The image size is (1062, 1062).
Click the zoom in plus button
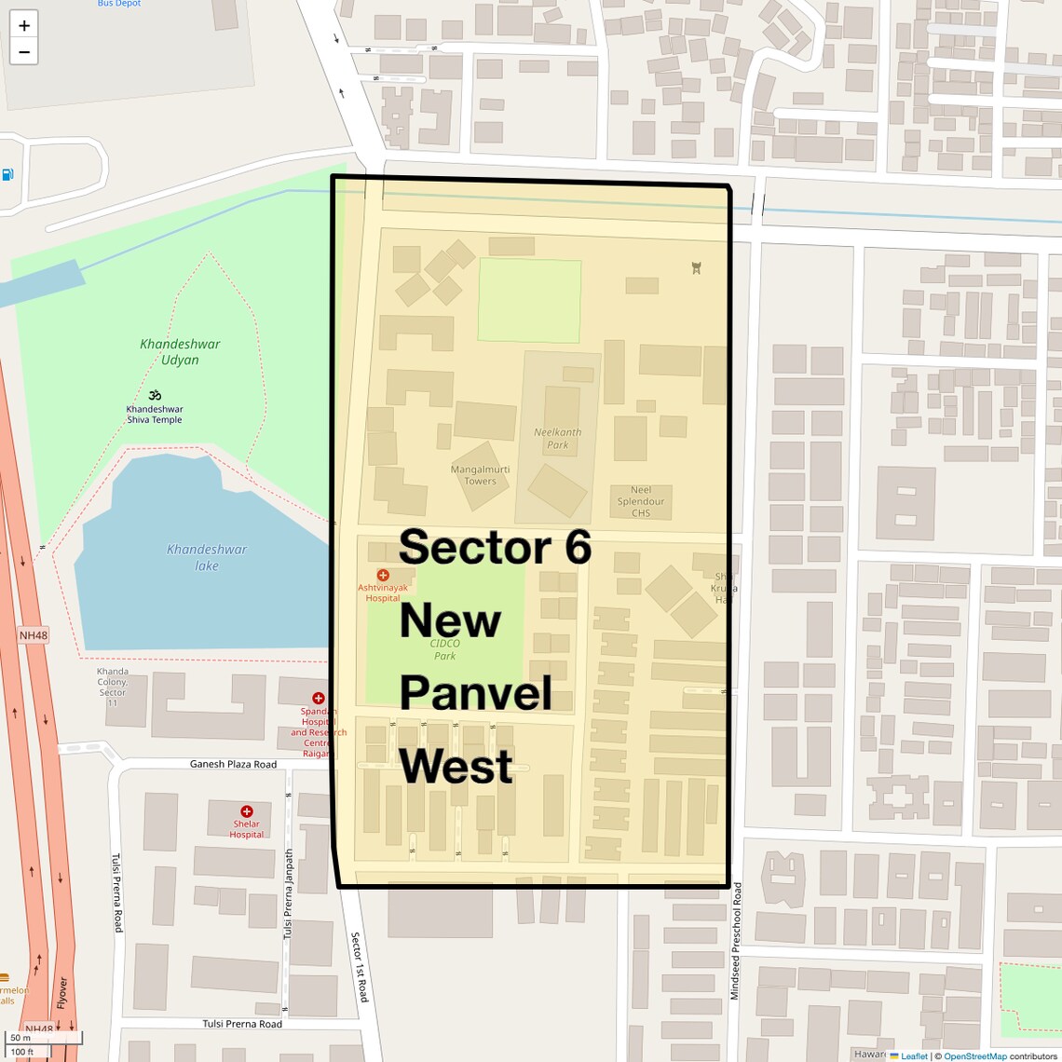pyautogui.click(x=24, y=25)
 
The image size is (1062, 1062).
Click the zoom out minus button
pyautogui.click(x=24, y=52)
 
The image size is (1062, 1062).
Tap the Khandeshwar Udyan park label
pyautogui.click(x=180, y=352)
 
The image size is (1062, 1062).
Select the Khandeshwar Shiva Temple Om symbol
pyautogui.click(x=155, y=395)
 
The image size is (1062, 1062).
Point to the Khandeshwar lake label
pyautogui.click(x=207, y=557)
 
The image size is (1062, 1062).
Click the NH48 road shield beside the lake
pyautogui.click(x=34, y=635)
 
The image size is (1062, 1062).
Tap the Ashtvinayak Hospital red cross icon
pyautogui.click(x=383, y=576)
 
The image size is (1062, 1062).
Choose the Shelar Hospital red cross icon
pyautogui.click(x=247, y=811)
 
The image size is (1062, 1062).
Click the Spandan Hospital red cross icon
pyautogui.click(x=319, y=698)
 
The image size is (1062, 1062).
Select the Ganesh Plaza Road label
pyautogui.click(x=233, y=764)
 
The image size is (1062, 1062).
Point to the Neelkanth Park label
pyautogui.click(x=557, y=438)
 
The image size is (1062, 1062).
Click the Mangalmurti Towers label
pyautogui.click(x=480, y=475)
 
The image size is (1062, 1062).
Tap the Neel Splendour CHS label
pyautogui.click(x=641, y=501)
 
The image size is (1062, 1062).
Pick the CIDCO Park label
pyautogui.click(x=445, y=649)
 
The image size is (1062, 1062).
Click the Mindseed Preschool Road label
pyautogui.click(x=736, y=941)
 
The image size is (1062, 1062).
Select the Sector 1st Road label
pyautogui.click(x=359, y=967)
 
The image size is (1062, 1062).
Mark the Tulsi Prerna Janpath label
pyautogui.click(x=289, y=893)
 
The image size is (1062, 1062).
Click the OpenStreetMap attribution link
pyautogui.click(x=974, y=1056)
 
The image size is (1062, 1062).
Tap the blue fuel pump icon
pyautogui.click(x=7, y=174)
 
